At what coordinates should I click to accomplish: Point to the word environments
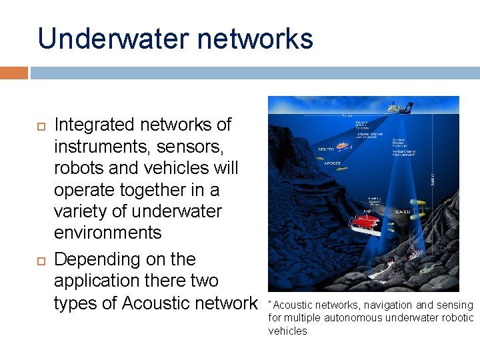tap(108, 233)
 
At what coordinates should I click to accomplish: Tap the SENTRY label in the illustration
tap(327, 149)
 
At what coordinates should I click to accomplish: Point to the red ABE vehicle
tap(363, 219)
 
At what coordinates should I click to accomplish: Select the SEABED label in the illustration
tap(402, 211)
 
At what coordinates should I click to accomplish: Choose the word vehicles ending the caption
tap(287, 331)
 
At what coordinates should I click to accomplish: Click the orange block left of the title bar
tap(14, 73)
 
